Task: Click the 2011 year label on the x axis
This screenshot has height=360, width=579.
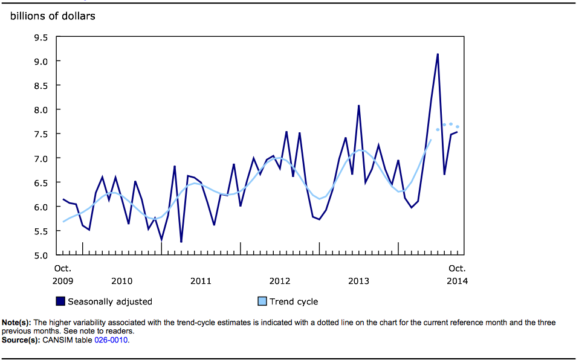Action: click(201, 281)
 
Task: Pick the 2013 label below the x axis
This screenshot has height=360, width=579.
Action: click(358, 281)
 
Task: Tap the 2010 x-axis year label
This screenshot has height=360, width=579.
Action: click(121, 281)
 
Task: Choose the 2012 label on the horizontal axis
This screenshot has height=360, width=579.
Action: click(280, 281)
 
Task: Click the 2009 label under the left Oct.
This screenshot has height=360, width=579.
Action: click(62, 281)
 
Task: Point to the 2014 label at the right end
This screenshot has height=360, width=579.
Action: click(457, 281)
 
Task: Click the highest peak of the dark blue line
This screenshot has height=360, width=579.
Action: click(438, 54)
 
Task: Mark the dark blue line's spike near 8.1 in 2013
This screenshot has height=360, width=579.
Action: click(359, 106)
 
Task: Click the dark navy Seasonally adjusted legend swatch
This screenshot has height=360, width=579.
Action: click(60, 301)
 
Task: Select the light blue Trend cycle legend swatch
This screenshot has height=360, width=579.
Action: click(262, 301)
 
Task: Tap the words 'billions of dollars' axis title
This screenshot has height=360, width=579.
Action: click(53, 16)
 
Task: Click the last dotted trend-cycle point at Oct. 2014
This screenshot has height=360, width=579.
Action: click(458, 127)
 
